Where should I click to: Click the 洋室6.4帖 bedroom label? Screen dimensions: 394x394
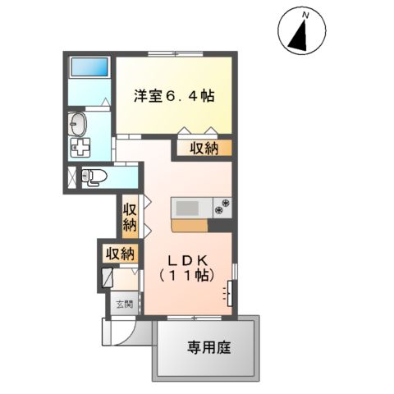click(174, 96)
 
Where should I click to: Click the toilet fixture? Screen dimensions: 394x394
click(96, 176)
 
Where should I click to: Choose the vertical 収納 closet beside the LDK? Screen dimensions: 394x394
click(130, 214)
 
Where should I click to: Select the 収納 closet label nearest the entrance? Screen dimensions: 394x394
click(121, 254)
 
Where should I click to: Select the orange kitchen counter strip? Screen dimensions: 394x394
click(190, 223)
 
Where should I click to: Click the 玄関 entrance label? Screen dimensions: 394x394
click(121, 303)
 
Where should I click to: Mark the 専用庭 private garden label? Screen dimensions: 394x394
click(207, 347)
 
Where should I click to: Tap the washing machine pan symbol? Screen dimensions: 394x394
click(82, 149)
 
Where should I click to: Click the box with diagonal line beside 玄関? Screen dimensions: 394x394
click(109, 277)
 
